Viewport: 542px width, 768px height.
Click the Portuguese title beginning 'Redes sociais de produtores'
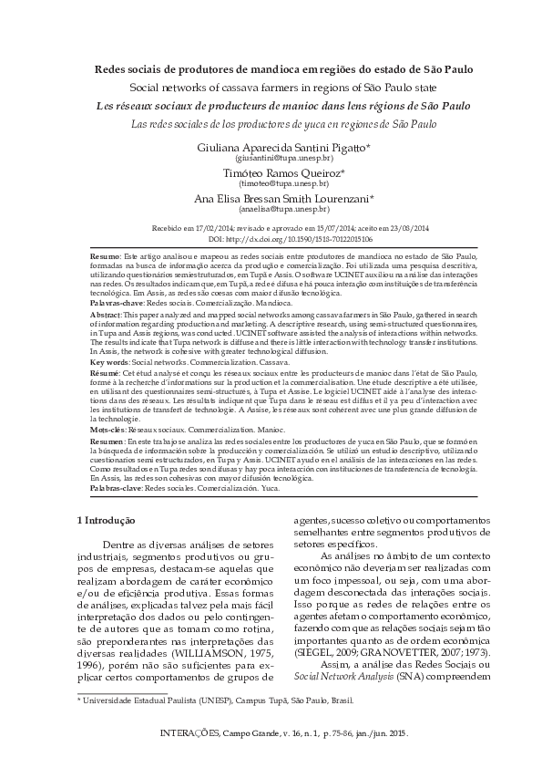[x=271, y=68]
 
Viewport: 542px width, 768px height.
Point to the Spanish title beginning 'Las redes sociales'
[x=271, y=123]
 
